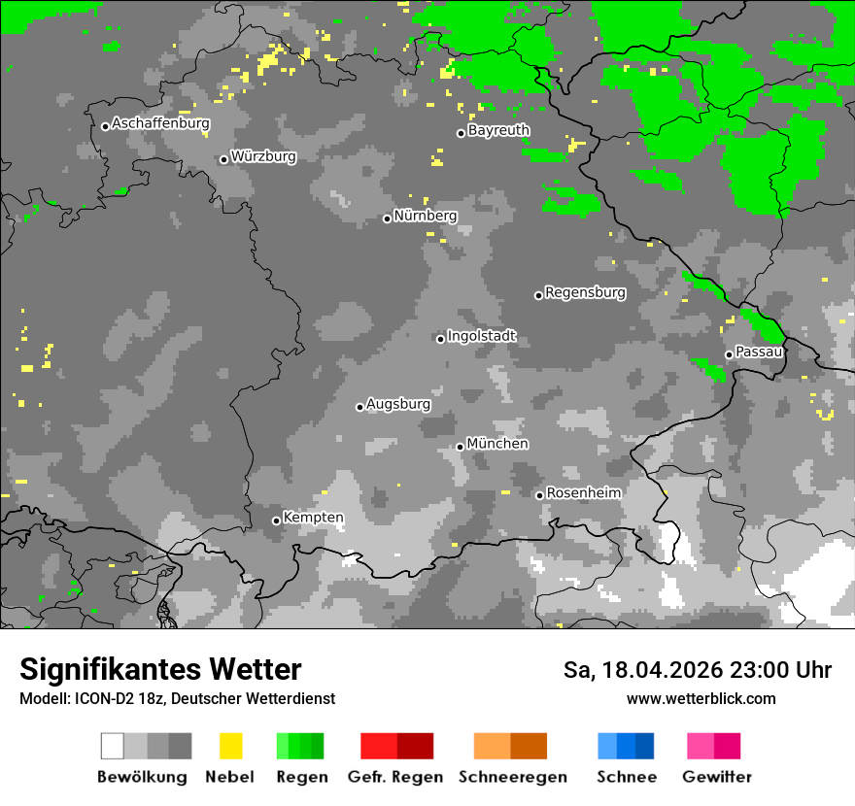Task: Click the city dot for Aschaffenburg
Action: click(x=105, y=126)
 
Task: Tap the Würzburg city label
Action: click(x=263, y=156)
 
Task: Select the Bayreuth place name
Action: click(x=498, y=130)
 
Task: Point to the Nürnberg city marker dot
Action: click(x=387, y=218)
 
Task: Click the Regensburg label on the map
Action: click(x=585, y=292)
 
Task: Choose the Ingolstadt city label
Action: click(x=482, y=336)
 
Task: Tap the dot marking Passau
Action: click(x=729, y=354)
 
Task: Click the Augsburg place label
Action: click(x=398, y=404)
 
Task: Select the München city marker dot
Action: click(x=460, y=447)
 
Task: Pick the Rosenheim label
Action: click(x=583, y=493)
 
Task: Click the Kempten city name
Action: click(x=313, y=518)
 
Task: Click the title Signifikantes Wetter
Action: click(x=160, y=669)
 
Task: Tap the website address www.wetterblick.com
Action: click(x=701, y=698)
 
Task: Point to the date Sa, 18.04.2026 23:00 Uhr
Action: click(x=697, y=670)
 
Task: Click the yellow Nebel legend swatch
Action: click(x=230, y=746)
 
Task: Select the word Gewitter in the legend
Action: click(x=717, y=777)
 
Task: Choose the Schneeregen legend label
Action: click(x=512, y=777)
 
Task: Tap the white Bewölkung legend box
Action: click(x=113, y=746)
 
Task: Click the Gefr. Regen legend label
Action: click(x=395, y=777)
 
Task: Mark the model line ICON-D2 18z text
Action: click(x=177, y=698)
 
